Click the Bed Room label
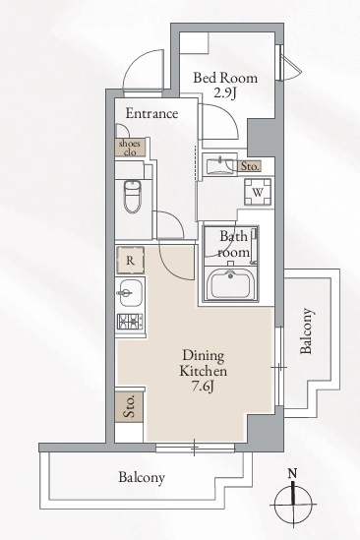[225, 78]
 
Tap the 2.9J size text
[224, 93]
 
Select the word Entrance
[151, 113]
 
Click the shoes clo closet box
[130, 148]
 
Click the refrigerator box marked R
[130, 261]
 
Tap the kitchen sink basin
[130, 293]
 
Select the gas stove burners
[130, 322]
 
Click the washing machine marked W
[258, 192]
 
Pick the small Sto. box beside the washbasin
[249, 166]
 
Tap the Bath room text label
[233, 244]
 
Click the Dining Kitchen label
[204, 363]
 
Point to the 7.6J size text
[204, 387]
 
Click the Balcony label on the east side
[307, 331]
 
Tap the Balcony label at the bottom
[142, 478]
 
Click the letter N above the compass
[292, 474]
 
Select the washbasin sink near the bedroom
[219, 165]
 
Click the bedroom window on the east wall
[279, 63]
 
